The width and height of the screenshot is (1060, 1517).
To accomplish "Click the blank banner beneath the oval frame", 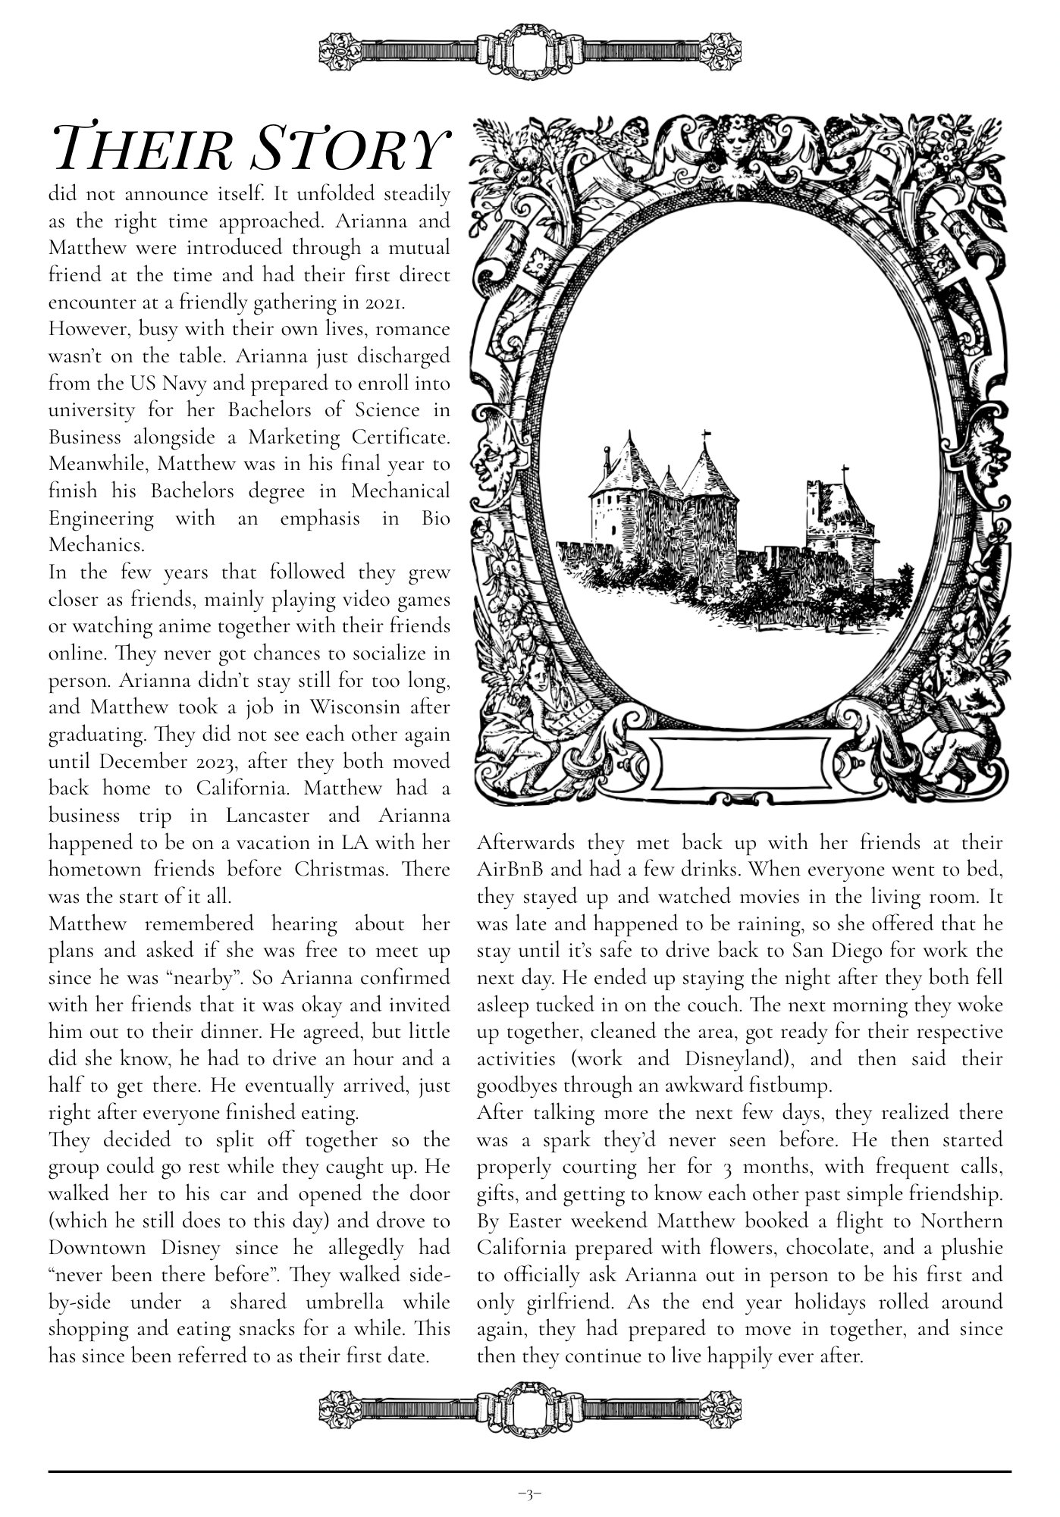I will [739, 763].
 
